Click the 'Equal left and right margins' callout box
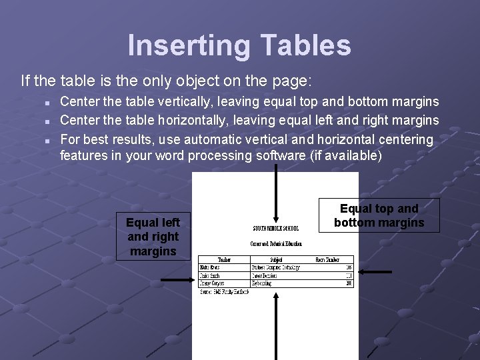pos(153,237)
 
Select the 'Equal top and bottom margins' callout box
pos(379,215)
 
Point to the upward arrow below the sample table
pos(275,327)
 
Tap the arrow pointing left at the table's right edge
pos(375,271)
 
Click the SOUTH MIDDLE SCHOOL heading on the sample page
pos(275,228)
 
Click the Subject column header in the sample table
pos(276,259)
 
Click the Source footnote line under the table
pos(224,292)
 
